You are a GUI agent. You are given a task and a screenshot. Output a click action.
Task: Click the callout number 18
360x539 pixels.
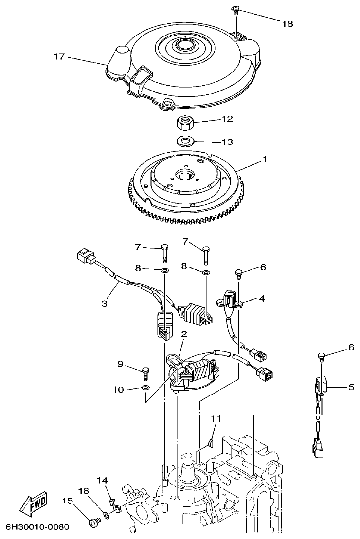tap(287, 23)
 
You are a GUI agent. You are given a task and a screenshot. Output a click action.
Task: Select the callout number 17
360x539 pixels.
tap(59, 57)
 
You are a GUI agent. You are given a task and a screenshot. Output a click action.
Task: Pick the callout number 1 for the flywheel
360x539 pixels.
tap(264, 159)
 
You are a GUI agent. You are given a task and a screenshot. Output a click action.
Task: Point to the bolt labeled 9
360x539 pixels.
tap(145, 370)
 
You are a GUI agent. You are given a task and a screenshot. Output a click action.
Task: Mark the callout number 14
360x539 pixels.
tap(102, 480)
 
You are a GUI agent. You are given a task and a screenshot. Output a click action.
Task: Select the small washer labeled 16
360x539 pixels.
tap(106, 518)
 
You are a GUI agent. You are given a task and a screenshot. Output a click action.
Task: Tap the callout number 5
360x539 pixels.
tap(351, 387)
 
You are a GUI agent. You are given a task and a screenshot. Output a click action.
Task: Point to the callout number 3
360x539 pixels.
tap(104, 303)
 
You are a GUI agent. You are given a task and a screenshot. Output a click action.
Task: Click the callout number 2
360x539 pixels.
tap(183, 334)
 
